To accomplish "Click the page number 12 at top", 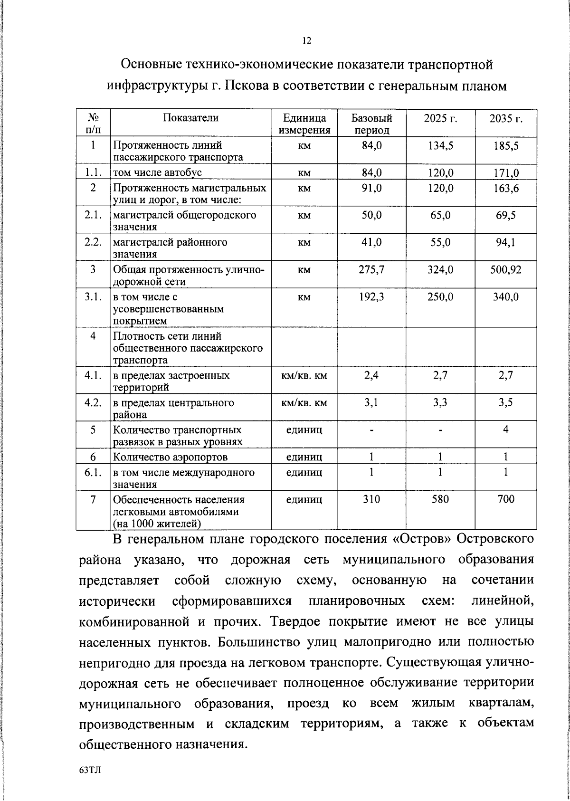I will coord(306,41).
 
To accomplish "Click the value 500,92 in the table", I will coord(506,270).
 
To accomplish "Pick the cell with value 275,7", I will coord(371,270).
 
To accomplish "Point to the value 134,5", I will coord(440,145).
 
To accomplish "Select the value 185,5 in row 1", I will coord(506,145).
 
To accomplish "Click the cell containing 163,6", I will coord(506,188).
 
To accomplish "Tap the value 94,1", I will coord(506,243).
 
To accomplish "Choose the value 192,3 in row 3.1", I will coord(371,297).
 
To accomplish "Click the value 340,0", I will coord(506,297).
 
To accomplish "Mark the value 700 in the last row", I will coord(506,499).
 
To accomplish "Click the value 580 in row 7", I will coord(440,499).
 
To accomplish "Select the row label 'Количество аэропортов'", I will coord(170,457).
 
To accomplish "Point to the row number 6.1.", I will coord(94,473).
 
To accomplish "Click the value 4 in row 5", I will coord(506,429).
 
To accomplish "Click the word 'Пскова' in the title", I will coord(248,86).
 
